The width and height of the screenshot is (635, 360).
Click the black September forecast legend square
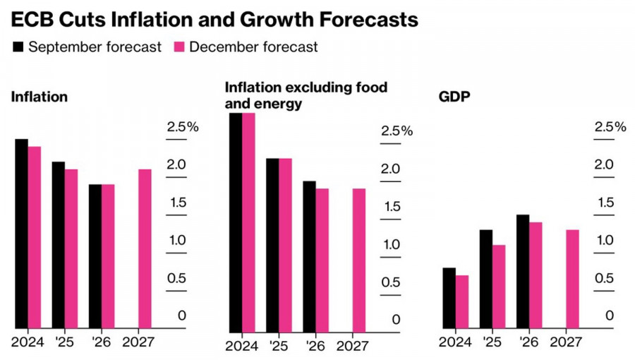18,47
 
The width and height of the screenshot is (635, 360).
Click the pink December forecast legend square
179,47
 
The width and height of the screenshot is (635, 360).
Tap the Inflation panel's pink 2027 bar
144,248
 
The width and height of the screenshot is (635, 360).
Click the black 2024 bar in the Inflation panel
21,233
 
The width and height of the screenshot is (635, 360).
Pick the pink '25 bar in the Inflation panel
71,248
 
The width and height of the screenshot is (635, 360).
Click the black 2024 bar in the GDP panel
449,298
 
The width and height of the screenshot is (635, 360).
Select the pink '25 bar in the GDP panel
498,286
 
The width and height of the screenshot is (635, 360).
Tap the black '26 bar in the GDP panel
522,271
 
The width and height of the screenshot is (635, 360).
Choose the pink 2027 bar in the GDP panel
572,279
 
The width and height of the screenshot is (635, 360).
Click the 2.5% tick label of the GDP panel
610,127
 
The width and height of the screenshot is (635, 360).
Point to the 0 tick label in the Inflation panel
182,316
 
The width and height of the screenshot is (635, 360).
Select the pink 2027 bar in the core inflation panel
358,260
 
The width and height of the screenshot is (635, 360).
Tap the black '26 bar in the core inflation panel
309,256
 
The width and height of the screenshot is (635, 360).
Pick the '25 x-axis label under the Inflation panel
65,342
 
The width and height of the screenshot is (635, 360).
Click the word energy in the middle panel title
279,104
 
